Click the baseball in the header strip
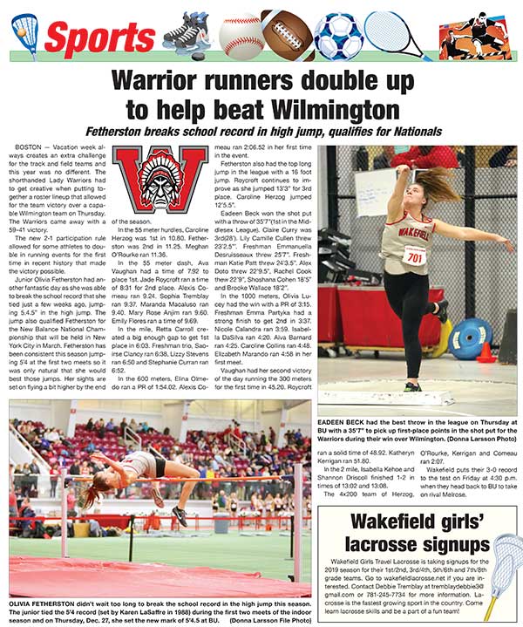(x=240, y=34)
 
